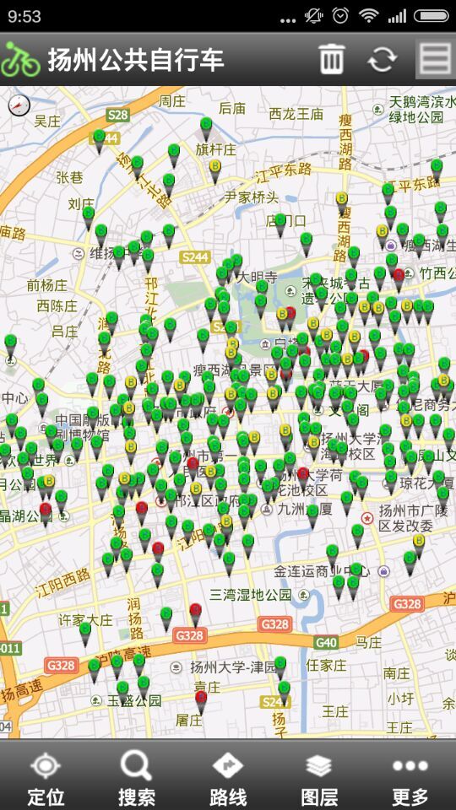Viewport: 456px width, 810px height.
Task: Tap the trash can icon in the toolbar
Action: (331, 59)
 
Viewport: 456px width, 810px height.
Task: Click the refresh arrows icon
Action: (382, 59)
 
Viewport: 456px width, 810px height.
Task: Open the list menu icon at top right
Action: (436, 58)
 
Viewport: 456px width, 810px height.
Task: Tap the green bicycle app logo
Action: (20, 59)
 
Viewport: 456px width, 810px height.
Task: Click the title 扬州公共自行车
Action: (136, 60)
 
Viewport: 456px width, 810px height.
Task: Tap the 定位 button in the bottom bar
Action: (46, 779)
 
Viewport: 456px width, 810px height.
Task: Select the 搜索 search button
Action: (136, 779)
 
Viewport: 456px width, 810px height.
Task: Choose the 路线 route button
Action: (228, 779)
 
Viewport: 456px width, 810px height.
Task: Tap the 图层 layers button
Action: (319, 779)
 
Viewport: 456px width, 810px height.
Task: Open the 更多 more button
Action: (410, 779)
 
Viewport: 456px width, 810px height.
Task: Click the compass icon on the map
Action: (19, 105)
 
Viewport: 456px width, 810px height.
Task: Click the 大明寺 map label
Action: (256, 277)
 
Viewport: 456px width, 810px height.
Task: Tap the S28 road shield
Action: (118, 115)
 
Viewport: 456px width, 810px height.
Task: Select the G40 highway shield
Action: (326, 642)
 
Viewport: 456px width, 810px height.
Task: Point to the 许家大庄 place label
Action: (84, 619)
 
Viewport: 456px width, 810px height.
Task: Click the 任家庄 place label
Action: (325, 665)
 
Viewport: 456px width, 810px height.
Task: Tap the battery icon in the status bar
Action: (431, 16)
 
